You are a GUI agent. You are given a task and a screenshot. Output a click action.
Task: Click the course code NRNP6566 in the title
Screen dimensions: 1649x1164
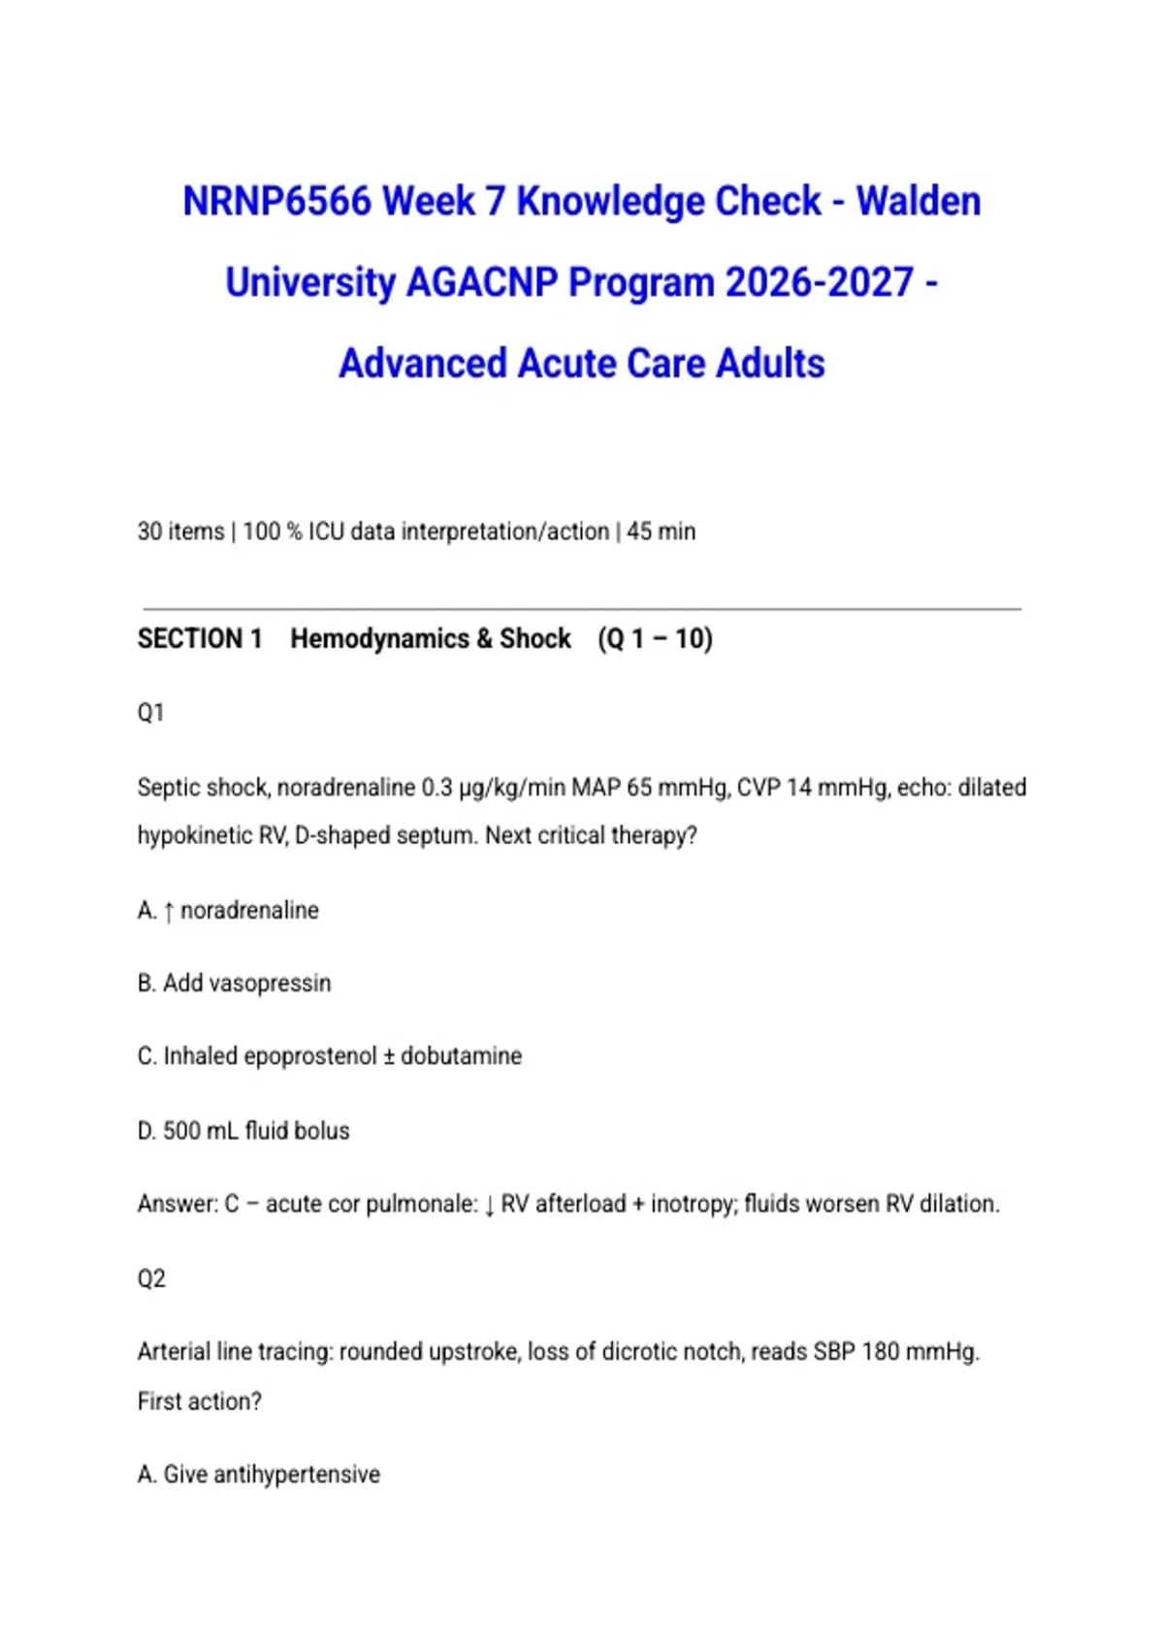tap(277, 202)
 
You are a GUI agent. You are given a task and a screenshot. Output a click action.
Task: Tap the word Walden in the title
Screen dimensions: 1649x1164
tap(918, 202)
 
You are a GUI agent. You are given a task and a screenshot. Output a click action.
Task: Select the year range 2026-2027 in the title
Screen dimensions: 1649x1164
tap(819, 283)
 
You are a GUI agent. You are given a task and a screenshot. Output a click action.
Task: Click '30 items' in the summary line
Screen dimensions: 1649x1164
tap(180, 532)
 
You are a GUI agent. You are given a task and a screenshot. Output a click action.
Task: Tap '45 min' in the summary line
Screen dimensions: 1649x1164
tap(661, 532)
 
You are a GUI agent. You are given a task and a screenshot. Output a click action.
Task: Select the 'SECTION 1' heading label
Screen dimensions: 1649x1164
tap(200, 639)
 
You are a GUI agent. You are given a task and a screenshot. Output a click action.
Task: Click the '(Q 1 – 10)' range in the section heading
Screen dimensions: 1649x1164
tap(655, 639)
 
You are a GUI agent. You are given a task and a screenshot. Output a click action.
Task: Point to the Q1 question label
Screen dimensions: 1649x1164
tap(150, 713)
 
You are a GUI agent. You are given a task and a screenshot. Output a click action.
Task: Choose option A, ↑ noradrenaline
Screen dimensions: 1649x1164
tap(228, 911)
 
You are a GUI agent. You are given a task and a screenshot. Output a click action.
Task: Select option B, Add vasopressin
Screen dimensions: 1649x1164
tap(234, 984)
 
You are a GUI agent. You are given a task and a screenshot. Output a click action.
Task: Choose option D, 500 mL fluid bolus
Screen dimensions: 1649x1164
tap(243, 1131)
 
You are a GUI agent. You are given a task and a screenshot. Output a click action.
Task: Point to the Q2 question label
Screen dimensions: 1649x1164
tap(151, 1278)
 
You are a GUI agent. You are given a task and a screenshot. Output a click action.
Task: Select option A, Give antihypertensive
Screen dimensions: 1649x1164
tap(259, 1475)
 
